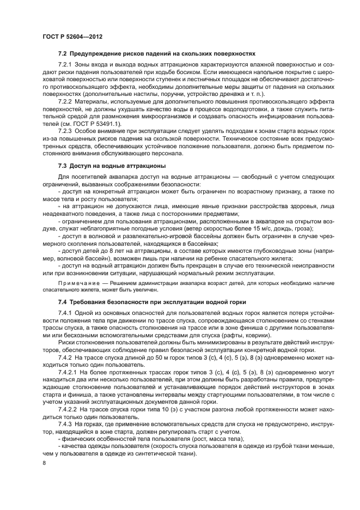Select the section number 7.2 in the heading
(x=63, y=53)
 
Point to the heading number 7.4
(x=63, y=302)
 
